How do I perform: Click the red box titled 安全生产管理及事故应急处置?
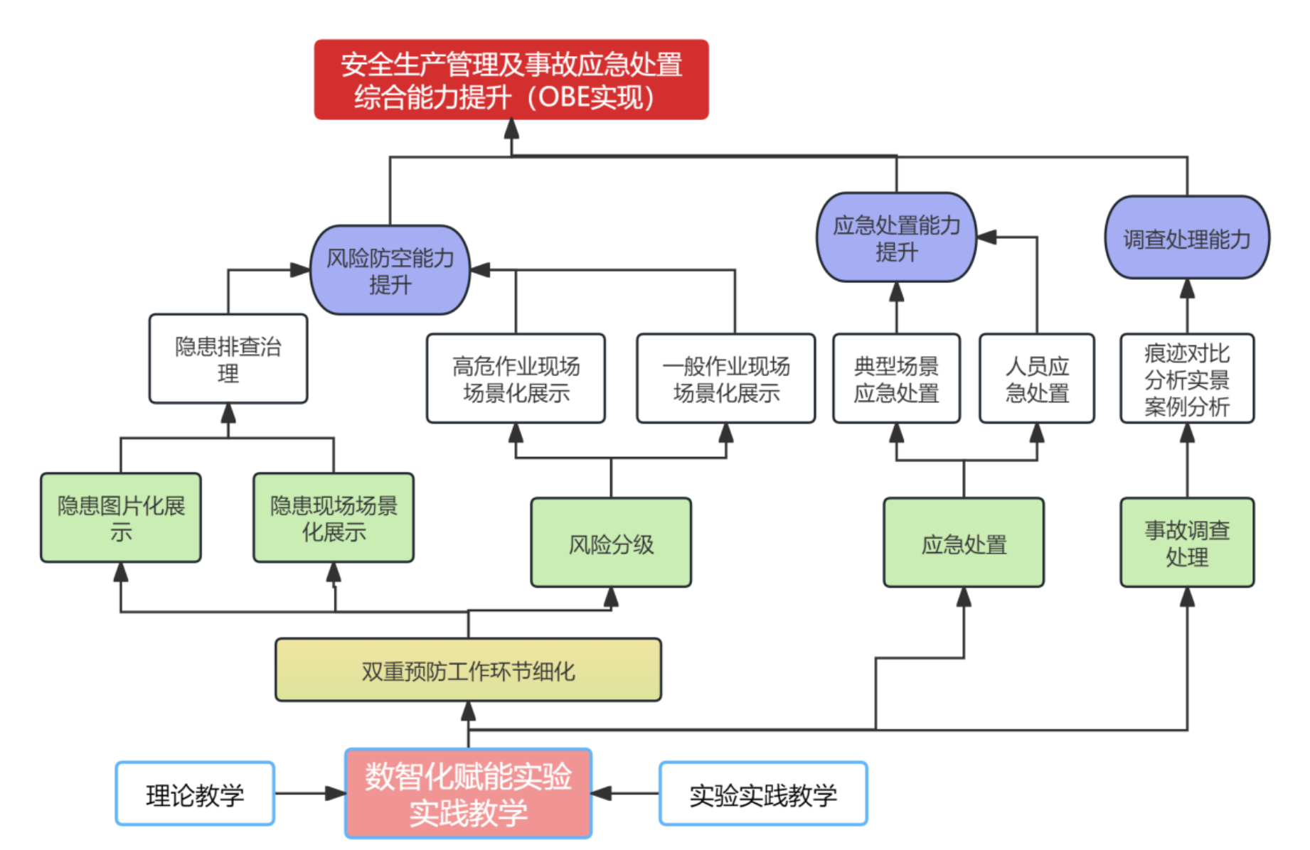[511, 80]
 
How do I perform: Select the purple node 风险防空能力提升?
[390, 271]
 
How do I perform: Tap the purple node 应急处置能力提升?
[896, 238]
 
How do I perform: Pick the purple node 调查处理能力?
[1186, 238]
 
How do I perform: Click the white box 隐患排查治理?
[228, 359]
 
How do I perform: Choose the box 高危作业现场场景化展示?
[516, 379]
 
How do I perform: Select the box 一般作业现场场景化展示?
[725, 379]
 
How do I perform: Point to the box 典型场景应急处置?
[896, 379]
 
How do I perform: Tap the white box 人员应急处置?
[1036, 379]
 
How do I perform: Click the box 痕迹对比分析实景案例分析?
[1186, 379]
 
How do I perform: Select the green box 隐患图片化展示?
[121, 518]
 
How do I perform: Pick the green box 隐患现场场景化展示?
[334, 518]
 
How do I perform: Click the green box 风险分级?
[611, 543]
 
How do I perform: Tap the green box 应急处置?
[964, 543]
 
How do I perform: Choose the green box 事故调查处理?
[1186, 543]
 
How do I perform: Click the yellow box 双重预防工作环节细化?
[468, 670]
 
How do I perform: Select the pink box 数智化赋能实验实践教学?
[468, 793]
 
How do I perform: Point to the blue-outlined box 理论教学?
[195, 794]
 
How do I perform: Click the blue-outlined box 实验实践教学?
[763, 794]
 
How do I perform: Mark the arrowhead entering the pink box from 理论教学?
[336, 793]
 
